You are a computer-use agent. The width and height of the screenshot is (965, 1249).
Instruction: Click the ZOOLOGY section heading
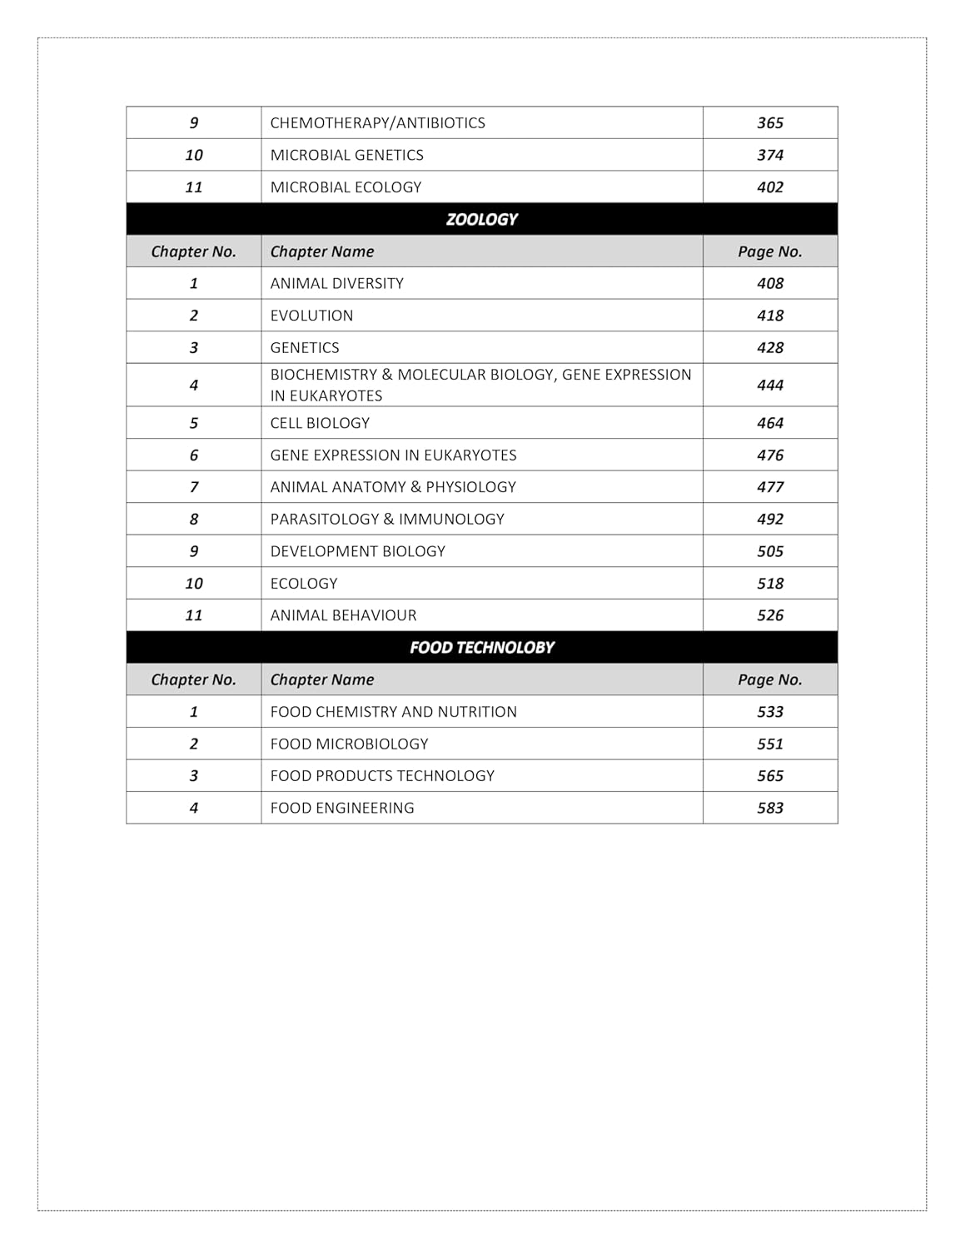[481, 219]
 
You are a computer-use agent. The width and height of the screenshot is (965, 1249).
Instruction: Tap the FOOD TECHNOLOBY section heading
[481, 647]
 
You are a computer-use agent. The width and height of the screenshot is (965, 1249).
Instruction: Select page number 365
[769, 122]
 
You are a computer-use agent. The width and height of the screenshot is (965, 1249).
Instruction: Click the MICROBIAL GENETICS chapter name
[346, 155]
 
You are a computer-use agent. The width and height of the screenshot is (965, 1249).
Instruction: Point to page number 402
[769, 187]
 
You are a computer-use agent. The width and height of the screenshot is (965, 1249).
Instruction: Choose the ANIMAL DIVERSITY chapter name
[336, 283]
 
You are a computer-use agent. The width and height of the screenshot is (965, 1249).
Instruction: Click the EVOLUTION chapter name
[311, 316]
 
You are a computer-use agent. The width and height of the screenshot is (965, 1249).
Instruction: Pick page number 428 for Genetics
[769, 347]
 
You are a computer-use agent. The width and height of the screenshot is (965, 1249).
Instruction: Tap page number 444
[769, 385]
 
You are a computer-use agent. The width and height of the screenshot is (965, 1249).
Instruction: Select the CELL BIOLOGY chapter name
[320, 423]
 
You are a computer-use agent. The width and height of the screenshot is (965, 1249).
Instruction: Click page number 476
[769, 455]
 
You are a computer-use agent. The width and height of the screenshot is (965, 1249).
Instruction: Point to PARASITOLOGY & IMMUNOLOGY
[387, 519]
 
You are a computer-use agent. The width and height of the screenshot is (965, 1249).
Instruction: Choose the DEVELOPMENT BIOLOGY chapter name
[357, 551]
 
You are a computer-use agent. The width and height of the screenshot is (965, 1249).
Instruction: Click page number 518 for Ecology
[769, 584]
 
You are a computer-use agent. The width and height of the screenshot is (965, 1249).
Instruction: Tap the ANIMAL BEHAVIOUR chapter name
[343, 615]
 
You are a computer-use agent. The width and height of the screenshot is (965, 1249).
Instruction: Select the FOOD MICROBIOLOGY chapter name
[349, 744]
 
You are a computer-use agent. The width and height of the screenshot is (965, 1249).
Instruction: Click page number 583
[769, 808]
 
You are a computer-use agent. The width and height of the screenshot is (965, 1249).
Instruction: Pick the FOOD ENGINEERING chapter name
[341, 808]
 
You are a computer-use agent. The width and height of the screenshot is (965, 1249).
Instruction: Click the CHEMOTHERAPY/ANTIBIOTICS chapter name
[377, 122]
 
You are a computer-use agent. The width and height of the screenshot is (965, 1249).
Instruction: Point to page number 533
[769, 712]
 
